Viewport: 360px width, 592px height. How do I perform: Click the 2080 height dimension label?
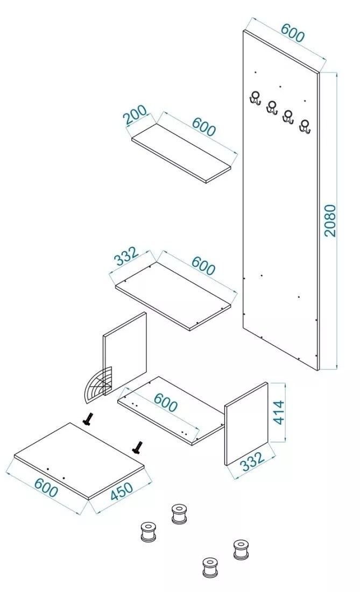point(330,220)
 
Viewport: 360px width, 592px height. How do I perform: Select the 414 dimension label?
point(279,412)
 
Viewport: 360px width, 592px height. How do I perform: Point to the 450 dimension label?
point(122,491)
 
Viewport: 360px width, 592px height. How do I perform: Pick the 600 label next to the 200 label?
point(203,126)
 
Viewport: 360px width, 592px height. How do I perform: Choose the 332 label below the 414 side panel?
point(252,461)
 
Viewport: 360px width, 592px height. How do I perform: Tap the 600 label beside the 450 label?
point(46,487)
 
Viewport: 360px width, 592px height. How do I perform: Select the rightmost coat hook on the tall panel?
point(305,126)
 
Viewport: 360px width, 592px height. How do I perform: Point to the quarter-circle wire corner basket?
point(98,386)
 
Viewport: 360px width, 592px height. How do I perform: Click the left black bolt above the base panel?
point(88,419)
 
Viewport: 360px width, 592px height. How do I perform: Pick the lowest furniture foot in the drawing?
point(210,567)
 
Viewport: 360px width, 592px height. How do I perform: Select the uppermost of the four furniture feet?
point(179,513)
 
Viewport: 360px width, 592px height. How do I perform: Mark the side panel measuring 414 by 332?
point(246,424)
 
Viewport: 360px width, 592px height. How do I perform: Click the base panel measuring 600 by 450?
point(79,461)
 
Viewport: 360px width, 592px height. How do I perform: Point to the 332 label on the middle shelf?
point(126,256)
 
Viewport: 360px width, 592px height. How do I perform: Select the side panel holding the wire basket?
point(125,353)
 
